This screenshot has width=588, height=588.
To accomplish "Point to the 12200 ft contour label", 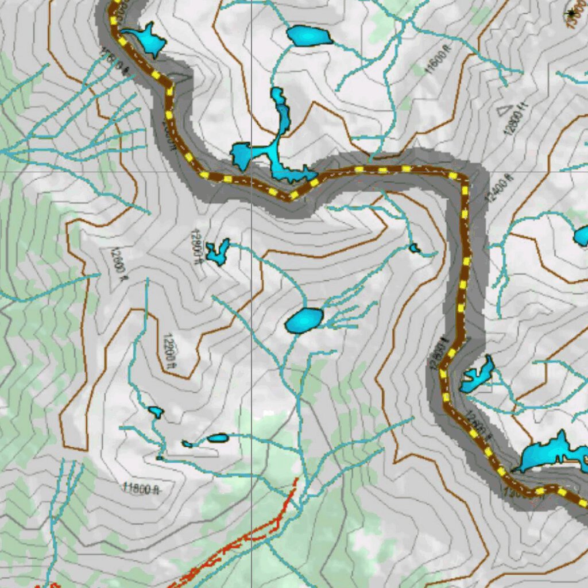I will [168, 349].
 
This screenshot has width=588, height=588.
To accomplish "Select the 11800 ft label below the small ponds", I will [140, 489].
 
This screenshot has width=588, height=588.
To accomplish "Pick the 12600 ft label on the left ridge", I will [118, 264].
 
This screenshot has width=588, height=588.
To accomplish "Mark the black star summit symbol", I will [572, 13].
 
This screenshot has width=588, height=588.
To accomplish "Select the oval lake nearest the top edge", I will [309, 36].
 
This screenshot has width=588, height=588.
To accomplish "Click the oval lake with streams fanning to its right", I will [304, 320].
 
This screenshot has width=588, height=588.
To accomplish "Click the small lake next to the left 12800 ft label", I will [218, 252].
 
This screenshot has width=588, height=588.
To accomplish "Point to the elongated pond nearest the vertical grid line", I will [218, 438].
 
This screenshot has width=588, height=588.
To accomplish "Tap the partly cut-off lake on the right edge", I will [581, 235].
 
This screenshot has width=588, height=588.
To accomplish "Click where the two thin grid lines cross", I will [252, 171].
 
